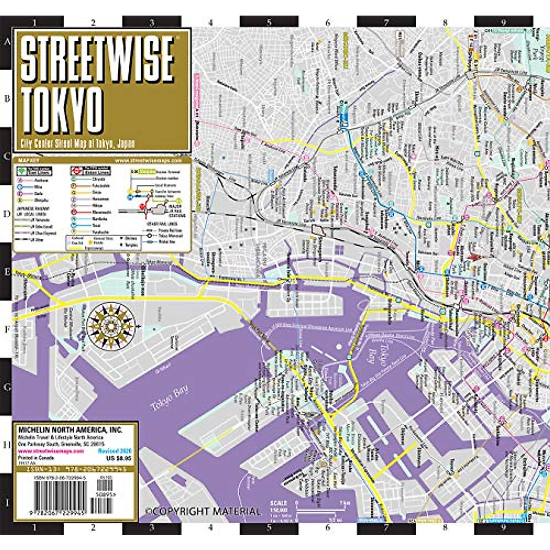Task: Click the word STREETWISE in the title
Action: [98, 59]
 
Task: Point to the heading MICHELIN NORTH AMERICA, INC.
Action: [70, 430]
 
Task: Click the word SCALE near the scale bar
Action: [278, 503]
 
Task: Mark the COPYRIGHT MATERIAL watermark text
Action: [203, 511]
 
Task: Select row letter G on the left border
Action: [7, 387]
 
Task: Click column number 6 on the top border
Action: [328, 22]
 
